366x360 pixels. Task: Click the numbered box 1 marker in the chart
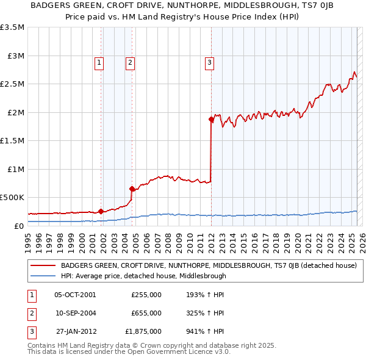point(99,61)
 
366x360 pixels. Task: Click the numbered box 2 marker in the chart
point(131,61)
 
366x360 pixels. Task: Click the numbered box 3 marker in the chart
point(209,61)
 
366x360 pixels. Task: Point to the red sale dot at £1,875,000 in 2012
point(211,120)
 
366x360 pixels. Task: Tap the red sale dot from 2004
point(132,189)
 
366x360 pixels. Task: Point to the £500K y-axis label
point(12,198)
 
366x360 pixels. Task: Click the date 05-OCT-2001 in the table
point(75,295)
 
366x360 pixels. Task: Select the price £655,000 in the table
point(146,313)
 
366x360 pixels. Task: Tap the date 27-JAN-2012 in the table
point(75,331)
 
